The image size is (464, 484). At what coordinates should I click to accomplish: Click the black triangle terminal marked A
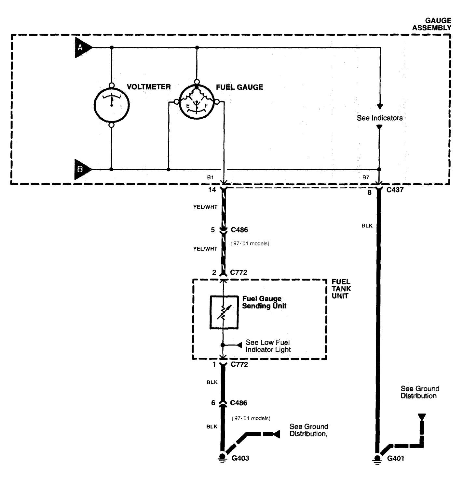[x=82, y=47]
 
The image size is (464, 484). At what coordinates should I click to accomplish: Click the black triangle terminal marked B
[x=82, y=169]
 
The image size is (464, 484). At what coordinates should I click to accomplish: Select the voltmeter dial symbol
[x=112, y=105]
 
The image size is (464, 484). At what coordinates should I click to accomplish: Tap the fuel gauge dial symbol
[x=197, y=102]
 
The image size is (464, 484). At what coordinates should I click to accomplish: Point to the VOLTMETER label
[x=149, y=87]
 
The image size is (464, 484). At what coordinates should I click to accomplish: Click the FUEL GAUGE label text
[x=239, y=87]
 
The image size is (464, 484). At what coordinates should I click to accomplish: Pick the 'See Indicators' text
[x=380, y=118]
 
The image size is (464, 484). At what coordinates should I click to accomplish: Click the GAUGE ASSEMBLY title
[x=432, y=24]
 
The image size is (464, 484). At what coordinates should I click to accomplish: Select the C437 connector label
[x=395, y=190]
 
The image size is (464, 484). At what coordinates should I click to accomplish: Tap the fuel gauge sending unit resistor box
[x=224, y=312]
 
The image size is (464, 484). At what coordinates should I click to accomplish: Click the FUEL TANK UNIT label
[x=341, y=289]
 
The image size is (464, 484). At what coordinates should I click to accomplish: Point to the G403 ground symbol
[x=222, y=458]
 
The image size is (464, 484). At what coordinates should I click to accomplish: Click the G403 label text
[x=240, y=458]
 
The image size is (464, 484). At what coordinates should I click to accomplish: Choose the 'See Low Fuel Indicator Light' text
[x=268, y=346]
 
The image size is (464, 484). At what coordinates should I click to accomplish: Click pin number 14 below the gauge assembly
[x=212, y=190]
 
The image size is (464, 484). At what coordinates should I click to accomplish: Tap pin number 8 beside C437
[x=369, y=192]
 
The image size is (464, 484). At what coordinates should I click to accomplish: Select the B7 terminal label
[x=366, y=177]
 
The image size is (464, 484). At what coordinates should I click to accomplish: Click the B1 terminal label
[x=210, y=177]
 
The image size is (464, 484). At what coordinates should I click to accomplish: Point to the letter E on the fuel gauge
[x=188, y=106]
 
